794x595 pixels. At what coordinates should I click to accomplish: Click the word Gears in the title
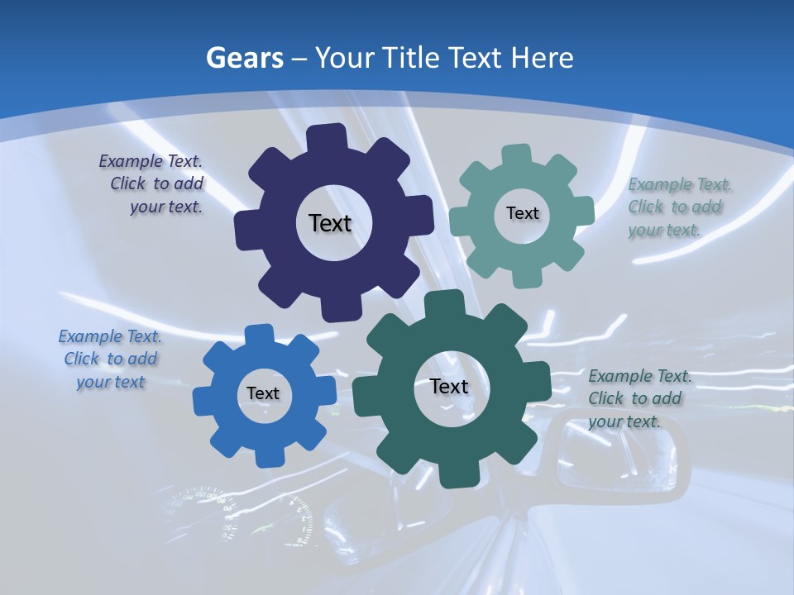click(244, 58)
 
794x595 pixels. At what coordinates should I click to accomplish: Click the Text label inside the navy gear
click(330, 223)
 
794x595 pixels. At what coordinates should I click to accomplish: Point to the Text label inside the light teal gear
click(522, 213)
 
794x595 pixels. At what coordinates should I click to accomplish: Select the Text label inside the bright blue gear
click(263, 393)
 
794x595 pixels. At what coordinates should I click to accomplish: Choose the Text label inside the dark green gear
click(449, 386)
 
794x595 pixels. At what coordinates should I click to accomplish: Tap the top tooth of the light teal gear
click(517, 155)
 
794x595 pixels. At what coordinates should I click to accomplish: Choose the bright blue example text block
click(110, 359)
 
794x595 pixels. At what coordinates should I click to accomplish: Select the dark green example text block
click(639, 398)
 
